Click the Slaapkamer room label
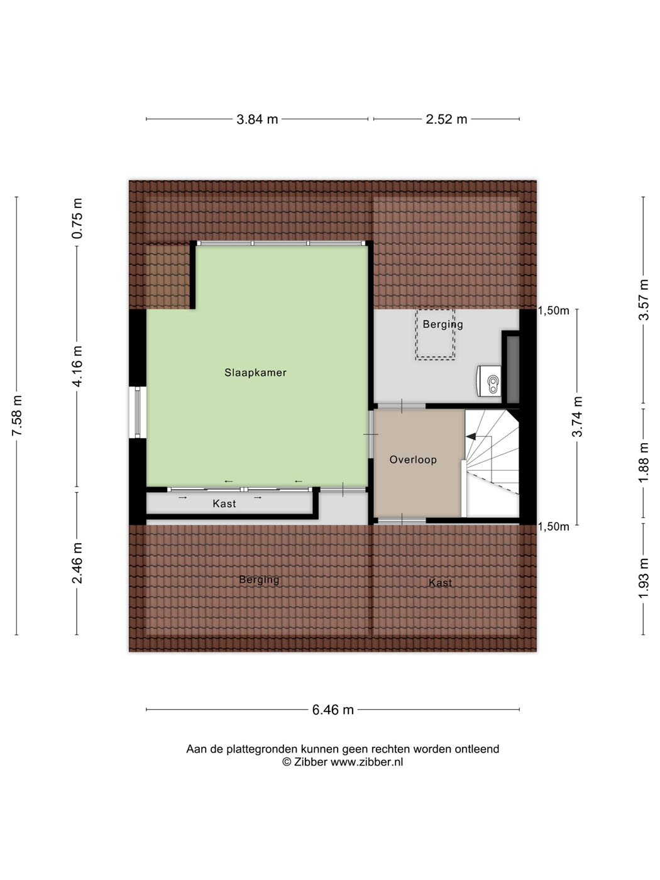click(x=255, y=373)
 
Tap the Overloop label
click(x=413, y=459)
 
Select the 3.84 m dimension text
click(x=257, y=119)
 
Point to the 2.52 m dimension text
click(x=446, y=119)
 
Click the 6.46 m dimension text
click(x=333, y=710)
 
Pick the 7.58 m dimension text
click(x=17, y=415)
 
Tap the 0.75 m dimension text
click(x=77, y=218)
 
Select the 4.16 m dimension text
click(x=77, y=366)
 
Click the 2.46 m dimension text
click(x=77, y=563)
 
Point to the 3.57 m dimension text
click(x=644, y=299)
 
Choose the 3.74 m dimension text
click(x=577, y=417)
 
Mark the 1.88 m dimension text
click(x=644, y=463)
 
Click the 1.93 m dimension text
click(x=644, y=578)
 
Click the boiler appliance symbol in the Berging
click(x=490, y=382)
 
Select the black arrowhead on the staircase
click(x=470, y=436)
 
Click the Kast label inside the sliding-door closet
click(x=224, y=503)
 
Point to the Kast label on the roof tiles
click(x=440, y=583)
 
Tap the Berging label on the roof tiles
click(x=259, y=580)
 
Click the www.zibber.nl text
click(x=366, y=762)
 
